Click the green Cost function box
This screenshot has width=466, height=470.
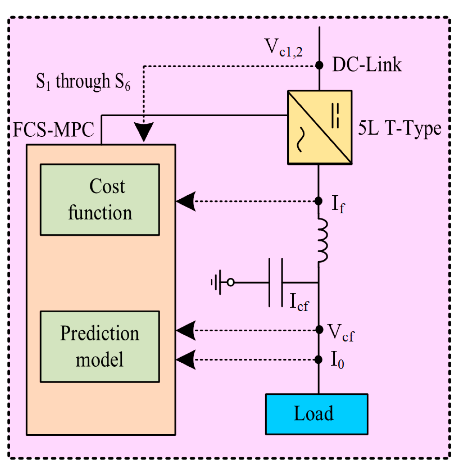click(100, 200)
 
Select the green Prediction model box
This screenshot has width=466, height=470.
click(100, 347)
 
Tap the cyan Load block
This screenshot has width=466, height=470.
click(316, 414)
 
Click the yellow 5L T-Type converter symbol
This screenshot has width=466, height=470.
click(319, 127)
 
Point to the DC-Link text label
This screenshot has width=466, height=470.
click(367, 65)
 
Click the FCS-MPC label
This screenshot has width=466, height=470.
click(54, 130)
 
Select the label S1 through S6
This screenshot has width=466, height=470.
click(83, 82)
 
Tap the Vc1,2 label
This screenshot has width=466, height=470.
click(283, 47)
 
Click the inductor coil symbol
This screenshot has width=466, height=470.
click(322, 240)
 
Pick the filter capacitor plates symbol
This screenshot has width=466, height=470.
click(276, 283)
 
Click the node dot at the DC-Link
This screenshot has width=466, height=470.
click(319, 65)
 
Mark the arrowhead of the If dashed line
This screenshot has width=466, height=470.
click(186, 201)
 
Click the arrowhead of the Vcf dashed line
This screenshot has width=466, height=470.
click(186, 330)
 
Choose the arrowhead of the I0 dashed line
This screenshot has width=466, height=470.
click(186, 360)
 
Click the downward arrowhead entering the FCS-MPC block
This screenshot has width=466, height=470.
click(144, 132)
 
